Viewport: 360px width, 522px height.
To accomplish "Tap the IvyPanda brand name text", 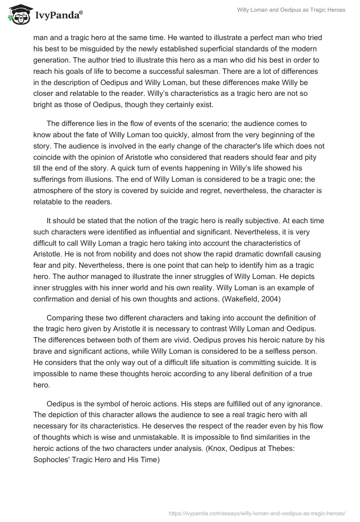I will click(x=56, y=16).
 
